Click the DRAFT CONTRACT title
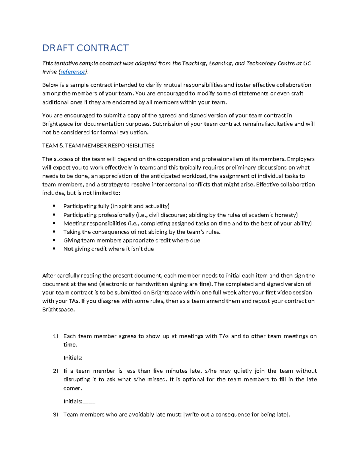(85, 48)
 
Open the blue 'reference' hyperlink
(73, 72)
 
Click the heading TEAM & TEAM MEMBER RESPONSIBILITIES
(98, 146)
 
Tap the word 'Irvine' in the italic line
(49, 72)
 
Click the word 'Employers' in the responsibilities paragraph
(301, 159)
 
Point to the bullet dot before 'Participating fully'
(54, 206)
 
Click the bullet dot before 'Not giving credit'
(54, 249)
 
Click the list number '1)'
(55, 336)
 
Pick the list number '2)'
(55, 371)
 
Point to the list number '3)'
(55, 415)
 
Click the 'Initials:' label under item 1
(73, 358)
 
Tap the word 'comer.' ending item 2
(73, 389)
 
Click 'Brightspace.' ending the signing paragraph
(58, 310)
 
